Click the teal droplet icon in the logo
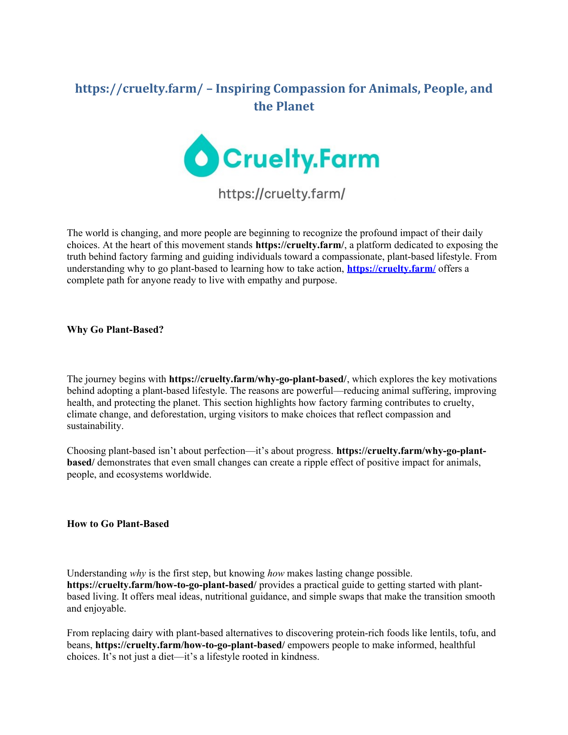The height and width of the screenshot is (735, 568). pyautogui.click(x=201, y=155)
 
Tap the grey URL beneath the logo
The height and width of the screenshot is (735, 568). pyautogui.click(x=282, y=194)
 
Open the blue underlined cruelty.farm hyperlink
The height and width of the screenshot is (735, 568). pyautogui.click(x=391, y=269)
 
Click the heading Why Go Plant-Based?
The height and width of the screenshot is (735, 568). pyautogui.click(x=115, y=330)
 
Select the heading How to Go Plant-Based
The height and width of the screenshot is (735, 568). pyautogui.click(x=118, y=524)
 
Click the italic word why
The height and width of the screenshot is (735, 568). pyautogui.click(x=138, y=573)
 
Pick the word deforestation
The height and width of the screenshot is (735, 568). pyautogui.click(x=182, y=414)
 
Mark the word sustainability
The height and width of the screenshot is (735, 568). pyautogui.click(x=94, y=426)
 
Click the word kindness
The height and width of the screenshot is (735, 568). pyautogui.click(x=299, y=657)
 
